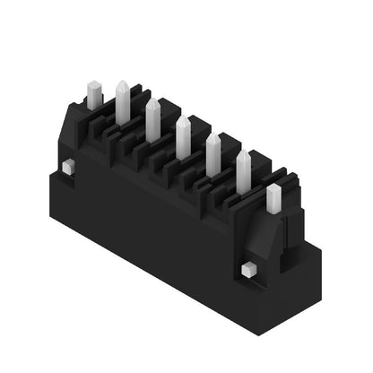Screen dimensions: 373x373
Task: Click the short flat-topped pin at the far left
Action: pyautogui.click(x=94, y=95)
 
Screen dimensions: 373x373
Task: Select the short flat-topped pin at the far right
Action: pyautogui.click(x=273, y=198)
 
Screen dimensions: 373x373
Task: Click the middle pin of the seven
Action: pyautogui.click(x=183, y=137)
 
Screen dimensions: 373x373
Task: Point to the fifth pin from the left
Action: pyautogui.click(x=213, y=154)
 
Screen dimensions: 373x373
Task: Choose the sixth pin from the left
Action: pyautogui.click(x=243, y=171)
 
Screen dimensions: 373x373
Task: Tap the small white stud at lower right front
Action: pyautogui.click(x=249, y=269)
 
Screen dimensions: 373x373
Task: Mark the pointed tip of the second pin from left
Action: pyautogui.click(x=122, y=83)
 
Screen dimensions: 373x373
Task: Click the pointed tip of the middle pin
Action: pyautogui.click(x=183, y=117)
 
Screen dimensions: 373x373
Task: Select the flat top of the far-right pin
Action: pyautogui.click(x=273, y=186)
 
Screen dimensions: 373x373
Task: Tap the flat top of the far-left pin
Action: pyautogui.click(x=94, y=84)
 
